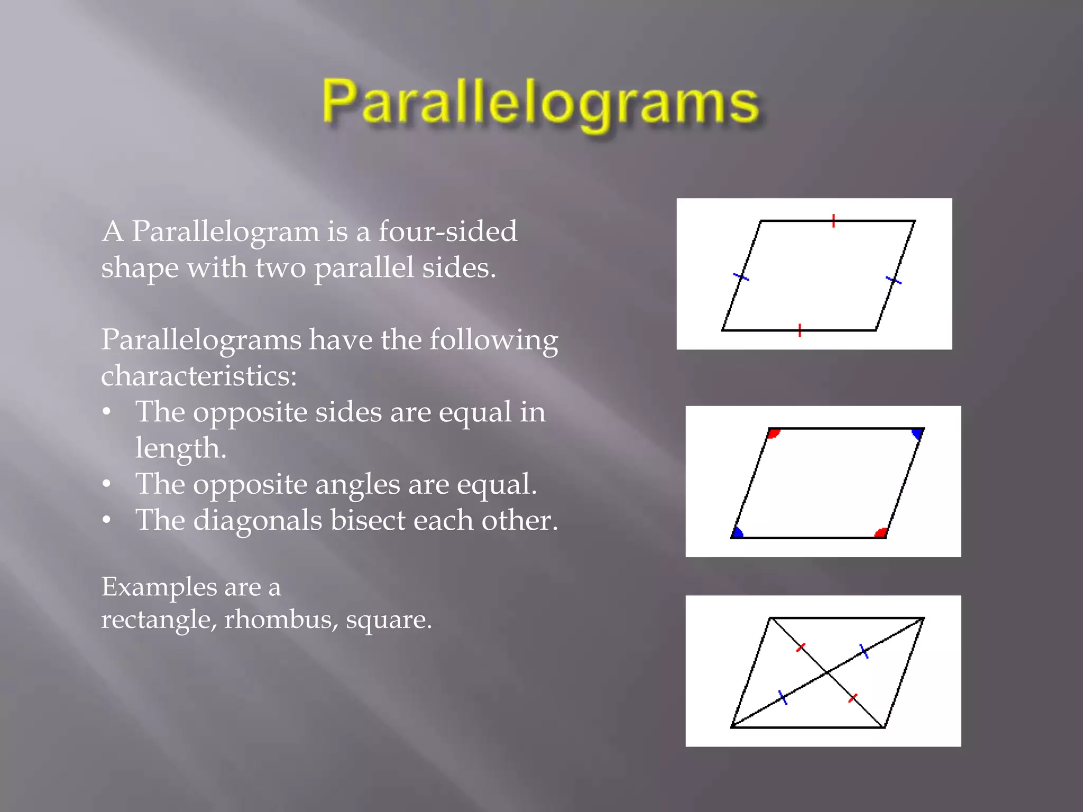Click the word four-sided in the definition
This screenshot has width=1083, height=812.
pyautogui.click(x=447, y=232)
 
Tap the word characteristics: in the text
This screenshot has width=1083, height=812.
pyautogui.click(x=199, y=376)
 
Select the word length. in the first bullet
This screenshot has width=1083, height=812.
pyautogui.click(x=180, y=448)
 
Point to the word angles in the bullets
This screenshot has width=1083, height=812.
pyautogui.click(x=357, y=484)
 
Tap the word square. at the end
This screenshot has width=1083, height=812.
pyautogui.click(x=389, y=619)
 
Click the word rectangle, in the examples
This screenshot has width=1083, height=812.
pyautogui.click(x=159, y=619)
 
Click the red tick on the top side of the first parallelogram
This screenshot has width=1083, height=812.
pyautogui.click(x=833, y=221)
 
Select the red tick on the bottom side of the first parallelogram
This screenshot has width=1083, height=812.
pyautogui.click(x=800, y=330)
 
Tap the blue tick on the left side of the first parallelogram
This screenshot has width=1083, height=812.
pyautogui.click(x=741, y=276)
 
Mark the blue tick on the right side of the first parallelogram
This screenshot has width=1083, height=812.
pyautogui.click(x=893, y=280)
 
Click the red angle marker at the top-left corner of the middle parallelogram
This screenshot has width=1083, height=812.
pyautogui.click(x=774, y=433)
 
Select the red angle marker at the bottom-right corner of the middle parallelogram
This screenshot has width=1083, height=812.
pyautogui.click(x=880, y=533)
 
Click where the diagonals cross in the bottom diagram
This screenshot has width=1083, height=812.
pyautogui.click(x=827, y=672)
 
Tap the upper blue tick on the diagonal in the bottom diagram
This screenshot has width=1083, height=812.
pyautogui.click(x=864, y=651)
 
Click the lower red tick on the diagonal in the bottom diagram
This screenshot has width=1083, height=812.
pyautogui.click(x=852, y=699)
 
